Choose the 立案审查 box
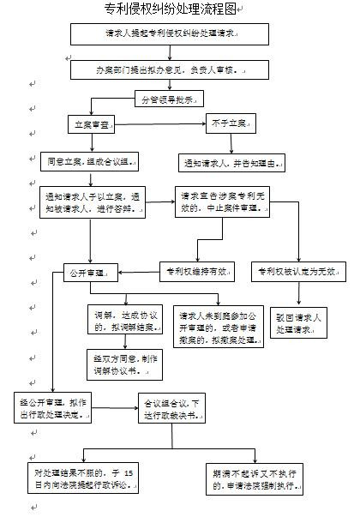93,126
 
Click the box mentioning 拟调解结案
123,322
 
